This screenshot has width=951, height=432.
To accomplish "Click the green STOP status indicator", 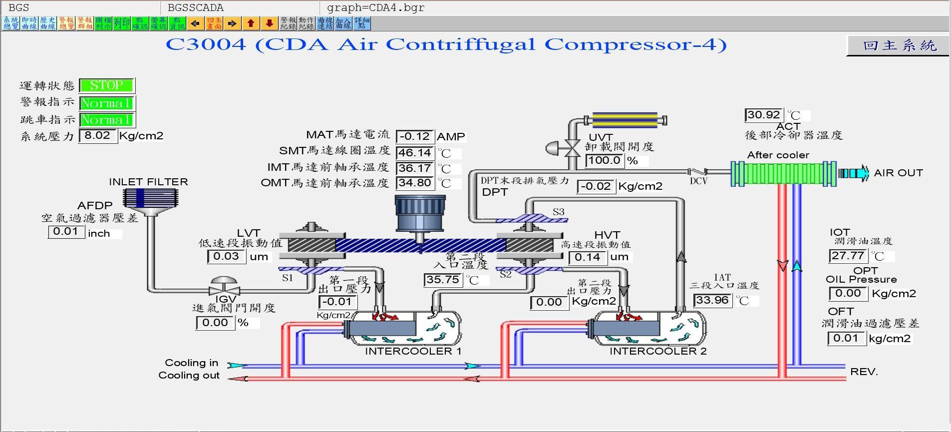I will tap(106, 85).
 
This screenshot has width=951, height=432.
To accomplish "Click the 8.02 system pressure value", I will tap(97, 135).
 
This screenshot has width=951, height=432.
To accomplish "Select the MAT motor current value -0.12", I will tap(415, 136).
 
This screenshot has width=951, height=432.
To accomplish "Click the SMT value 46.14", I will tap(415, 153).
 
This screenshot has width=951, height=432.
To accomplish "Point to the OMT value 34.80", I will tap(415, 183).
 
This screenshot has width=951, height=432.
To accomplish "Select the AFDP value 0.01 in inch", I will tap(66, 231).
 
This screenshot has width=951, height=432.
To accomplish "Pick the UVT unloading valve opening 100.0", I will tap(604, 160).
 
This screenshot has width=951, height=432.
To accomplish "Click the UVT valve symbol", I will tap(571, 148).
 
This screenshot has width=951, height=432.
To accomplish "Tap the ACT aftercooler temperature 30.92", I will tap(764, 115).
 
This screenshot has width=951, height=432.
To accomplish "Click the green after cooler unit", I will tap(783, 173).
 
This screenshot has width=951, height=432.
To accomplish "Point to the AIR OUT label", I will tap(898, 173).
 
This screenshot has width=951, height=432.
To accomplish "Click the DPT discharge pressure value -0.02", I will tap(596, 186).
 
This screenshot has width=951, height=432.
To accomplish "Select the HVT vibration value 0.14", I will tap(588, 257).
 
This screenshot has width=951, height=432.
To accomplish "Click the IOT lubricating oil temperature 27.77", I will tap(848, 256).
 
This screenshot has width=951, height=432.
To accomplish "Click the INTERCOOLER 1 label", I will tap(413, 351).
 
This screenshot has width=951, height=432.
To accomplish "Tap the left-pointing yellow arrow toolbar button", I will tap(196, 23).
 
